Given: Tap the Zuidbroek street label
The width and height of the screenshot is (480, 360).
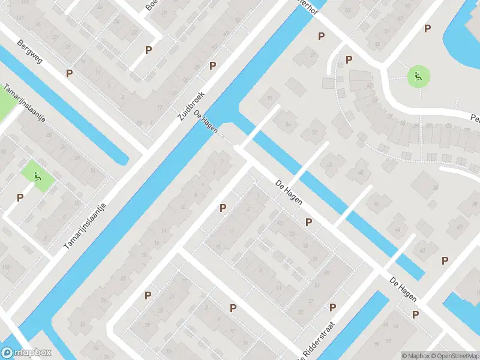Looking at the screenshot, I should point(192,106).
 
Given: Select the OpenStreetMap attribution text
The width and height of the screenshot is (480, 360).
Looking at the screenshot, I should point(454,355).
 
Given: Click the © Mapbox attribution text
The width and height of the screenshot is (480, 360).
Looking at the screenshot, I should point(415,355).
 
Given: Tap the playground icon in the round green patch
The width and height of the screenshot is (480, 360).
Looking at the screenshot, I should point(418,77).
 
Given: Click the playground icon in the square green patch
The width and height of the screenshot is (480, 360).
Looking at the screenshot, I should point(38,176).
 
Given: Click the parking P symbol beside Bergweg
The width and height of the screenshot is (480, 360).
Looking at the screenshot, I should point(70,73).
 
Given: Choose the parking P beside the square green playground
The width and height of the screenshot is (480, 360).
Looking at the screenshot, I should point(20,197).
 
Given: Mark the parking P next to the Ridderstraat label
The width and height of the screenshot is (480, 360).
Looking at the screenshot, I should point(332,307).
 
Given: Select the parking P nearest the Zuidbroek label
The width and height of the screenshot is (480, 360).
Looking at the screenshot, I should point(212,65).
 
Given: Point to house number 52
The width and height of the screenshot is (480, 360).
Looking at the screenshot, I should point(314,131).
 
